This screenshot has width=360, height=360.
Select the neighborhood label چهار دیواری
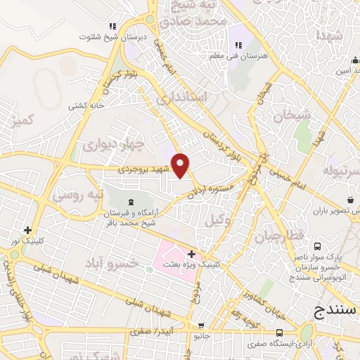click(112, 145)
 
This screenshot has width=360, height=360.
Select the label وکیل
click(218, 220)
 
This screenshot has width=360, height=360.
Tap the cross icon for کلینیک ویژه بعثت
click(191, 253)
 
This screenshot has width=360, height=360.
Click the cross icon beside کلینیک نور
click(27, 230)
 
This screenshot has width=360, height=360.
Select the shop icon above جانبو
click(202, 326)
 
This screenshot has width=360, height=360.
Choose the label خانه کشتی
click(84, 105)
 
